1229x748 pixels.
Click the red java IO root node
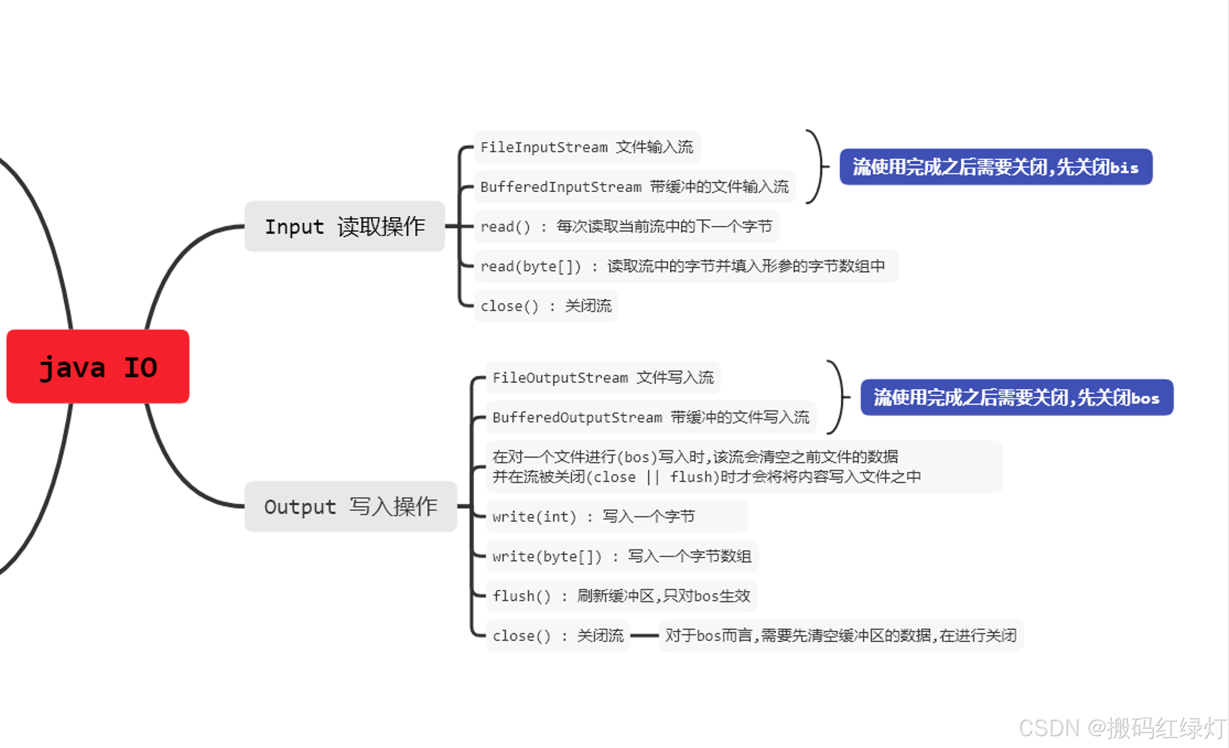[98, 366]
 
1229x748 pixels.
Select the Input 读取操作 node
[345, 226]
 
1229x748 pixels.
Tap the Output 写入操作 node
[350, 507]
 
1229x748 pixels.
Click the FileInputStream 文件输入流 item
[587, 147]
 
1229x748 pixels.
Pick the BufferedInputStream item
[634, 186]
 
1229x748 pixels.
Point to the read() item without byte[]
[626, 227]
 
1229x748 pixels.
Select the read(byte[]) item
[685, 266]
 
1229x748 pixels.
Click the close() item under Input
[545, 306]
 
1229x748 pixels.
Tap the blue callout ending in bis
[995, 167]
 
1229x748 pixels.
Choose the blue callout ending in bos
[1016, 398]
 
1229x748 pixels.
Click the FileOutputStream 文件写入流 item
[602, 378]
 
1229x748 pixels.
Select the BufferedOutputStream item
[650, 417]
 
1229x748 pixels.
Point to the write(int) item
[616, 516]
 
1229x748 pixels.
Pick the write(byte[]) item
[621, 556]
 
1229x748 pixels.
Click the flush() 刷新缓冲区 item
[621, 596]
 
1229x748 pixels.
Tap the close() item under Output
[558, 636]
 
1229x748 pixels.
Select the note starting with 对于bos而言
[840, 636]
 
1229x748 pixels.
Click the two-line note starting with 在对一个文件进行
[744, 467]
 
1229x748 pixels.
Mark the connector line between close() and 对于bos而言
[644, 636]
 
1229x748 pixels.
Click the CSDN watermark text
[1122, 728]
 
